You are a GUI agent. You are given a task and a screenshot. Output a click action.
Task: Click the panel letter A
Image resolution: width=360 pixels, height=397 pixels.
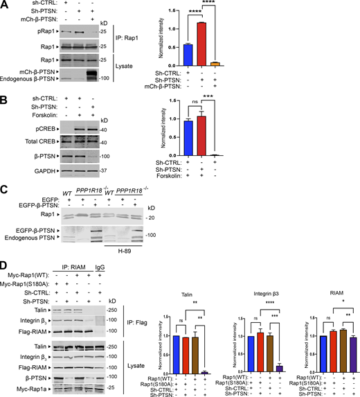tap(5, 5)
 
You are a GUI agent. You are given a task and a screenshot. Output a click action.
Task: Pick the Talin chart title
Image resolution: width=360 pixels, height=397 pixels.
tap(190, 292)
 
